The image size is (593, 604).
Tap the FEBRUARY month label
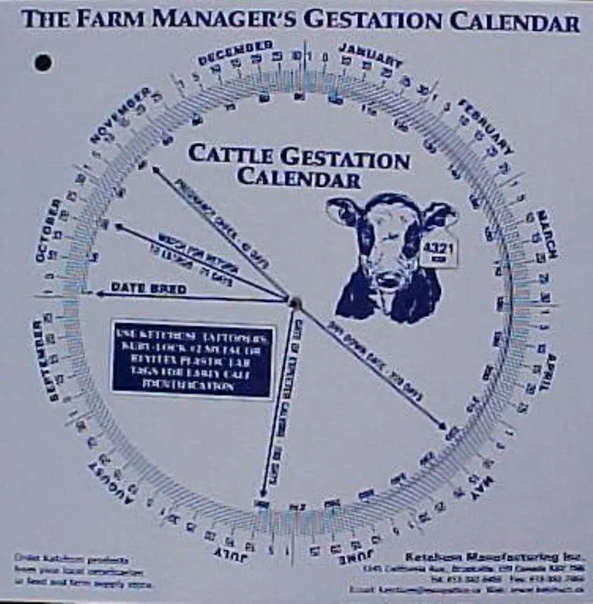tap(486, 126)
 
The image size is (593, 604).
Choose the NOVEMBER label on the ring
tap(120, 114)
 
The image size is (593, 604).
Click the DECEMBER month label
tap(235, 53)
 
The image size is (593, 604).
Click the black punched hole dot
tap(43, 63)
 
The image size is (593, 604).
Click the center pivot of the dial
tap(294, 302)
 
